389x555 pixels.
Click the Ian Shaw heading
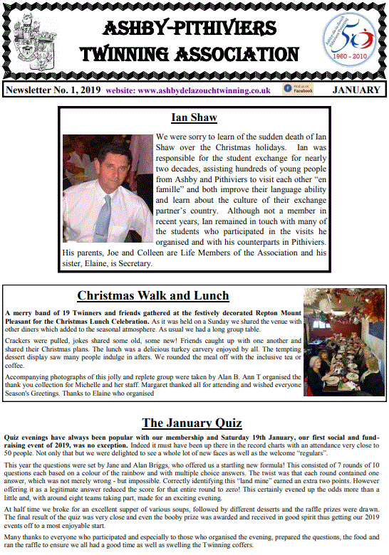194,118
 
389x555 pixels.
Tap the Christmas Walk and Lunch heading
153,295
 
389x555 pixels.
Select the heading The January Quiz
192,423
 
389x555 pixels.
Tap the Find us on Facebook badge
298,89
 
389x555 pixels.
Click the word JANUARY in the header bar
356,90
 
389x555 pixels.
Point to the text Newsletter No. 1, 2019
52,90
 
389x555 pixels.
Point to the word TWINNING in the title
121,55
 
